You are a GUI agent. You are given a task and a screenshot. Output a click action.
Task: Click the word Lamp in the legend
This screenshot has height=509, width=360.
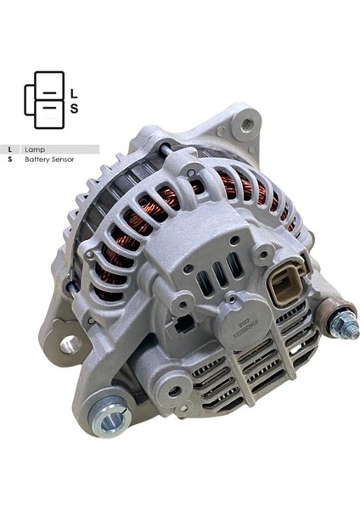coord(35,149)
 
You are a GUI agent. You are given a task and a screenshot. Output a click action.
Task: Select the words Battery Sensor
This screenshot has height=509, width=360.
coord(49,159)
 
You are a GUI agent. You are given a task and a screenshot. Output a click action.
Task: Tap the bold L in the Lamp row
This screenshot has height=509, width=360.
coord(9,149)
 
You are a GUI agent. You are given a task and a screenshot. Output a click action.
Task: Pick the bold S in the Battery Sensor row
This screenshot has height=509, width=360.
coord(9,159)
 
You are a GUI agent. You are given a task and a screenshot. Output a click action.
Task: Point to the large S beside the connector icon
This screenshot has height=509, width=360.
coord(74,109)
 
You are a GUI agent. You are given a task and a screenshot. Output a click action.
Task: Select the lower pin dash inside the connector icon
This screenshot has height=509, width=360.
coord(49,108)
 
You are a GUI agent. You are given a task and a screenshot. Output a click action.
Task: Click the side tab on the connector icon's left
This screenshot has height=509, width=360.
coord(28,100)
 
